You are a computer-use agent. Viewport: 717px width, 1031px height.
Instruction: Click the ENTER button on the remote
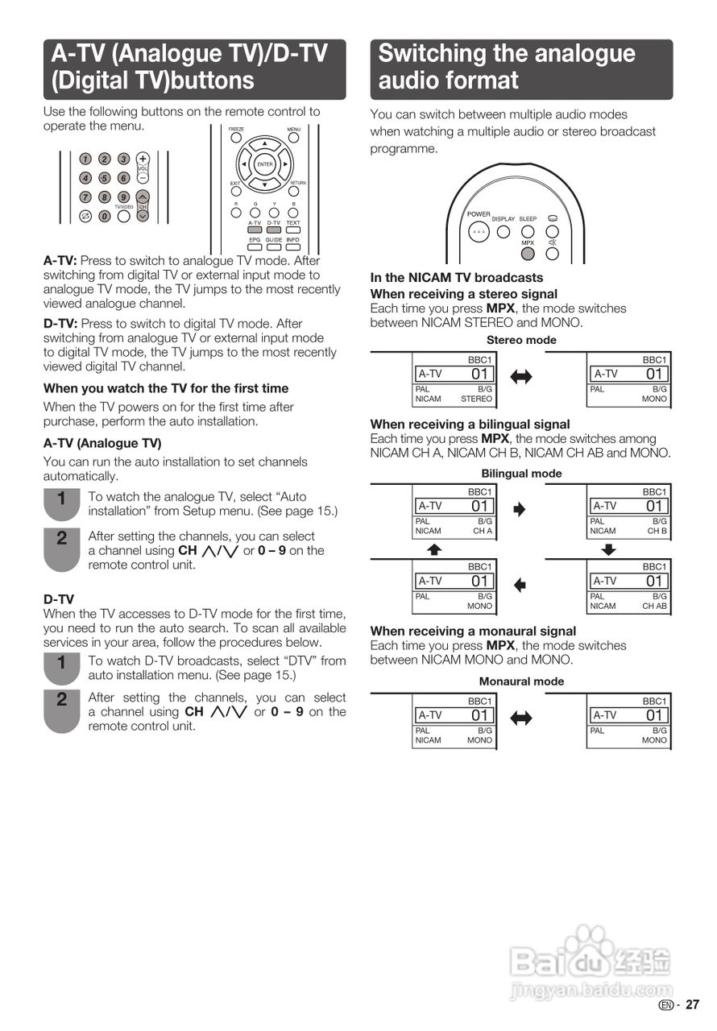point(265,164)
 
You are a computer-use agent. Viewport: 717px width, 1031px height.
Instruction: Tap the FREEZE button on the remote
point(236,137)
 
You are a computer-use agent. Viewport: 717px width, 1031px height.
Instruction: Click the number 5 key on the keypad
point(104,178)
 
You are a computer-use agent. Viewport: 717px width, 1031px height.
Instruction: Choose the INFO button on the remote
point(292,247)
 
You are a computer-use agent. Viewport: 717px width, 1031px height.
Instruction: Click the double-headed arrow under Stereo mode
point(521,377)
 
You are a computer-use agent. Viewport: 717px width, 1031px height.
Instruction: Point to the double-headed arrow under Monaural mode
point(521,718)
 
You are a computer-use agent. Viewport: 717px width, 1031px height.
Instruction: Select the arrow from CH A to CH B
point(520,509)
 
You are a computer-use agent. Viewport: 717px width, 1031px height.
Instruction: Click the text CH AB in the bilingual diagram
point(654,607)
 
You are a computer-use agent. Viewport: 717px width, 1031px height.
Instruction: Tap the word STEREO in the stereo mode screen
point(476,399)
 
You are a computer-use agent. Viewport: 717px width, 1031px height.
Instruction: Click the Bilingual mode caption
point(521,474)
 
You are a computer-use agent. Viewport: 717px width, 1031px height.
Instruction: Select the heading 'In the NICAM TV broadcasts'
point(457,278)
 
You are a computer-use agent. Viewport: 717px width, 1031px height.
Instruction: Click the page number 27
point(693,1004)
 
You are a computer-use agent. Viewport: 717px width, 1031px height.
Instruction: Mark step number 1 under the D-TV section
point(61,664)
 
